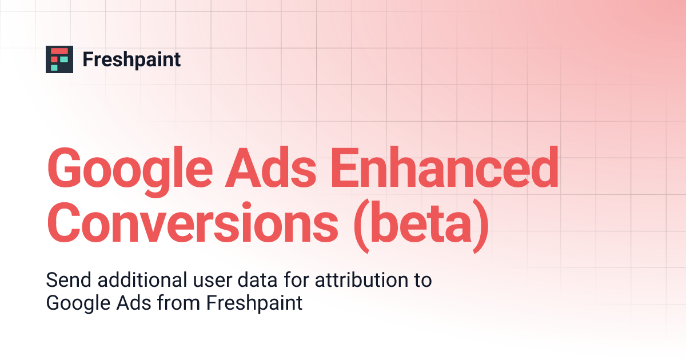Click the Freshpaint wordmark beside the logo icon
point(131,59)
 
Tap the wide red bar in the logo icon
point(59,51)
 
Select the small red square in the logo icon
point(54,59)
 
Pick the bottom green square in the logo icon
point(54,67)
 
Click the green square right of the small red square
point(64,59)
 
